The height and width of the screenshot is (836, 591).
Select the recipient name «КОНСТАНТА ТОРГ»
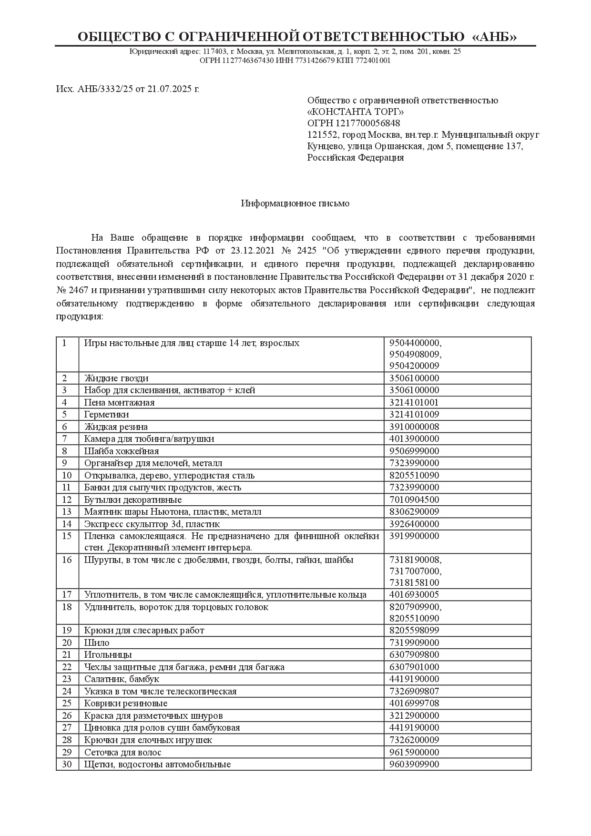[x=356, y=112]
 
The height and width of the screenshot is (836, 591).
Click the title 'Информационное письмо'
[x=295, y=204]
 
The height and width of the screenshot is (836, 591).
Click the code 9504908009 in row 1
[x=415, y=355]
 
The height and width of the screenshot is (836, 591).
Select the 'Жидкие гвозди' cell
[x=116, y=378]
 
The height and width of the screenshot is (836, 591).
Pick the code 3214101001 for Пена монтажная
[x=414, y=403]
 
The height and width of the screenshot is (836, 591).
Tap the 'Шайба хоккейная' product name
[x=122, y=451]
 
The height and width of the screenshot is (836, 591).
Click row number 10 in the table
[x=67, y=476]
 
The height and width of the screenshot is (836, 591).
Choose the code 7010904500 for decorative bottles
[x=414, y=500]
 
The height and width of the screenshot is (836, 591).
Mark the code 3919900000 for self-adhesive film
[x=414, y=536]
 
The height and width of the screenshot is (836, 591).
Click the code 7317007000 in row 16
[x=415, y=571]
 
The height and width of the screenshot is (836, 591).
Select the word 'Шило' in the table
[x=97, y=643]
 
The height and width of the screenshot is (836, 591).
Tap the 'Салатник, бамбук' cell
[x=122, y=679]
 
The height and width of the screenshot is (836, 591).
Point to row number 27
[x=67, y=728]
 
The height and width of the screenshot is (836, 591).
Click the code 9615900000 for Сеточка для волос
[x=414, y=752]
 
